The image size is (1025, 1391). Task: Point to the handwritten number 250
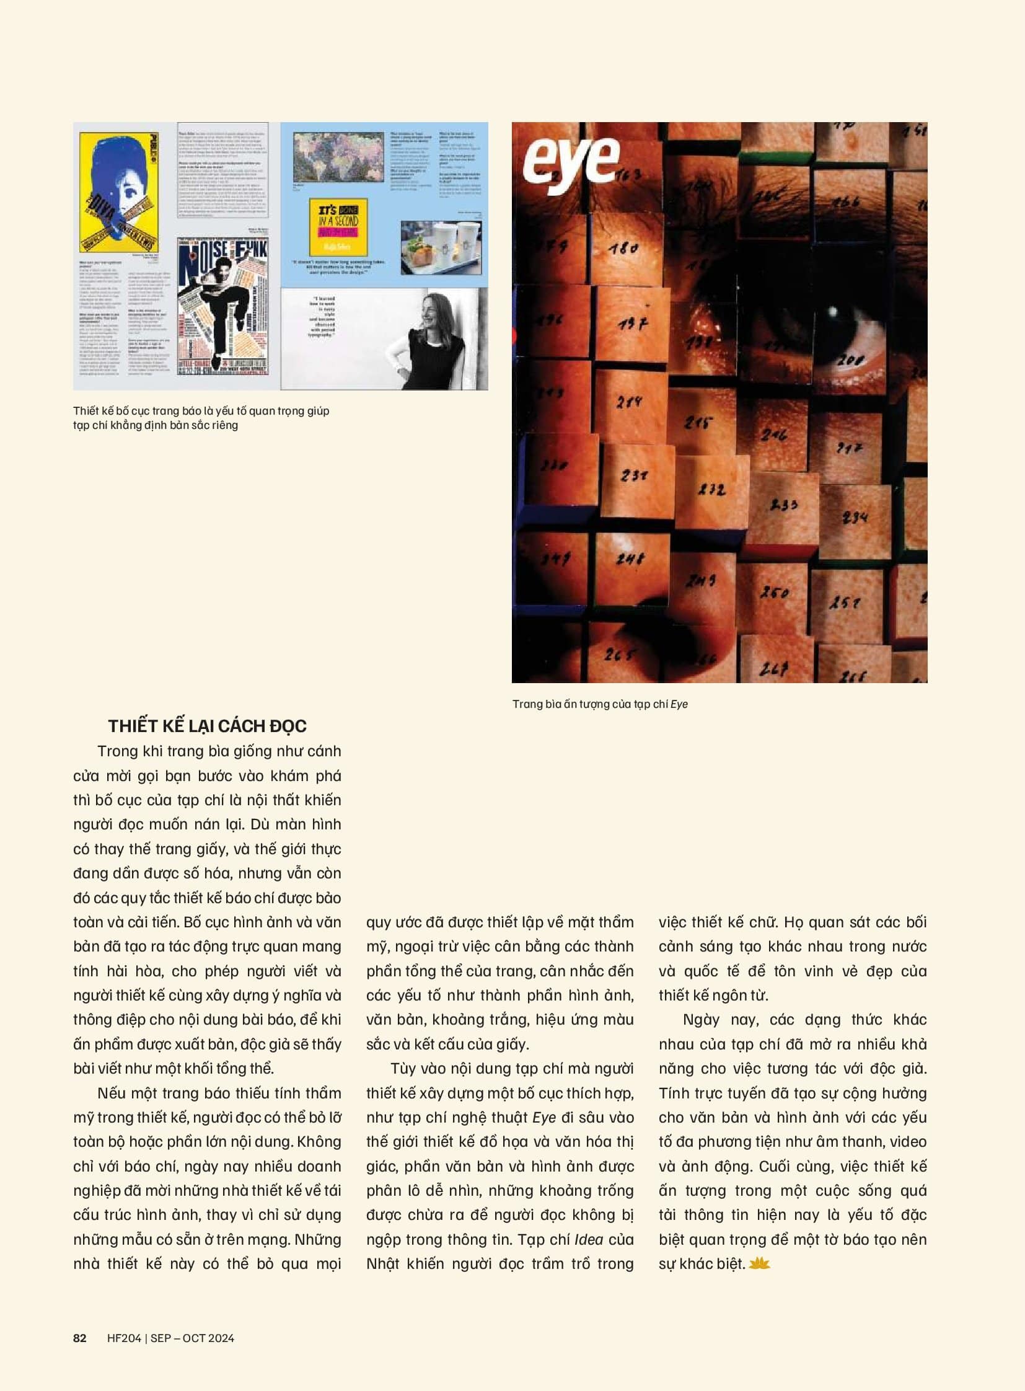point(775,591)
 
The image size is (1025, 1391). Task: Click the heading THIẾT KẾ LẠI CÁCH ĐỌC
point(207,726)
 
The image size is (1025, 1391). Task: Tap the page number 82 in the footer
point(80,1338)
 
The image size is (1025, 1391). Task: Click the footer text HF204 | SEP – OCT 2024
point(170,1338)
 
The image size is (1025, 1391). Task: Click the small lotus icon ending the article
point(759,1263)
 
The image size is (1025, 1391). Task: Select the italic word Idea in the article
point(589,1239)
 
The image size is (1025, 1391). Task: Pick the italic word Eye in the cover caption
point(679,704)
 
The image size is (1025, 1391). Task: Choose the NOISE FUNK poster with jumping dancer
point(223,307)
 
